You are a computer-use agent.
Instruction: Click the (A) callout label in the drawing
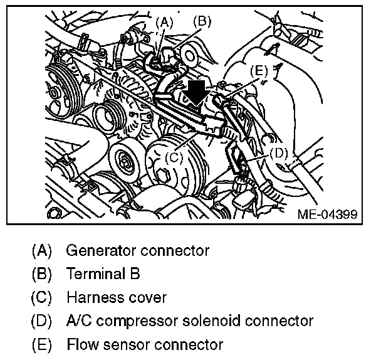tap(163, 23)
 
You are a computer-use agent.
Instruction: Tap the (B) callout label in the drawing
tap(203, 21)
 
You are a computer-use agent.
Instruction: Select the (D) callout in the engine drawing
tap(278, 152)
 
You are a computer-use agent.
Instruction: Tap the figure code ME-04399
tap(326, 214)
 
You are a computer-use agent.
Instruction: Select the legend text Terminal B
tap(103, 274)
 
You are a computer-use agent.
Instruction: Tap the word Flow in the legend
tap(79, 344)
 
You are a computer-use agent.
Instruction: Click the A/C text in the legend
tap(78, 321)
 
